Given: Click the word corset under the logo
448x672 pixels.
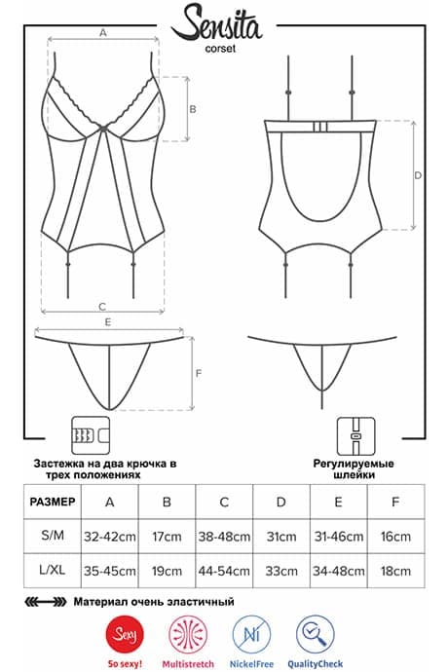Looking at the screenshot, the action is coord(220,49).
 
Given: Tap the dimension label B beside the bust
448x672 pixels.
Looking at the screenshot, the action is coord(193,109).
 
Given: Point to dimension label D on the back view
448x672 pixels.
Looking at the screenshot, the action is coord(418,175).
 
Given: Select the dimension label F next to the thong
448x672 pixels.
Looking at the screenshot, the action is coord(199,374).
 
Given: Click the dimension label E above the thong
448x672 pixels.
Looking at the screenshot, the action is coord(108,321).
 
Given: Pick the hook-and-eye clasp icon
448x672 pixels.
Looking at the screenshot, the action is coord(91,435).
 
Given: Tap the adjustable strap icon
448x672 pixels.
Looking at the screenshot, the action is coord(355,436).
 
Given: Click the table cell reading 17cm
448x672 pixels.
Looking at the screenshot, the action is coord(167,537).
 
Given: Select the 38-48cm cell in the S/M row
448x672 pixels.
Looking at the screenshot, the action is coord(224,537).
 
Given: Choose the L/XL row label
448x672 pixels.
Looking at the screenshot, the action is coord(53,571).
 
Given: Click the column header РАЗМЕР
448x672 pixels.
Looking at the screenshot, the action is coord(53,502).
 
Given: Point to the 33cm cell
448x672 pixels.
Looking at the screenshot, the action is coord(281,571).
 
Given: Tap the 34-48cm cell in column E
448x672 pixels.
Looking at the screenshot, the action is coord(339,571).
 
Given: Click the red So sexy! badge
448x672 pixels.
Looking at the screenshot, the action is coord(125,635).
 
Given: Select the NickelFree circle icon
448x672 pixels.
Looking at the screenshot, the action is coord(251,635).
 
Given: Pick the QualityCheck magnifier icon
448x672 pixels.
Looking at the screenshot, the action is coord(316,635).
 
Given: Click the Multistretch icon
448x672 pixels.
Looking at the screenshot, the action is coord(188,635).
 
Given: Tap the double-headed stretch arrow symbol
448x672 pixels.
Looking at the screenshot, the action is coord(46,602).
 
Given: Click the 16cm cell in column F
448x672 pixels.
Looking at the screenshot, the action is coord(395,537).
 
